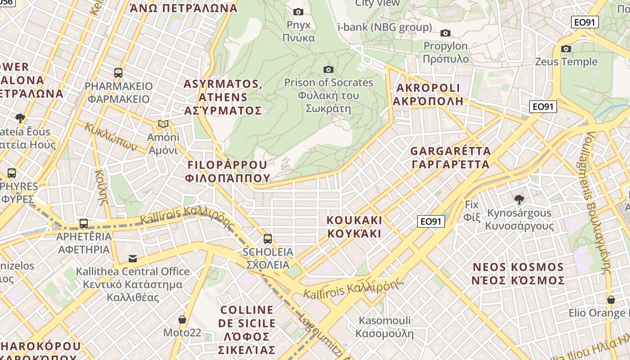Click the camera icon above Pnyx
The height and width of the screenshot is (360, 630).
pos(298,12)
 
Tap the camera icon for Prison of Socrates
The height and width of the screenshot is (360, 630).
pos(328,69)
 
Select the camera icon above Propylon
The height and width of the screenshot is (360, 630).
pos(445,33)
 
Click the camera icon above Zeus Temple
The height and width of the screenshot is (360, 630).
pos(566,49)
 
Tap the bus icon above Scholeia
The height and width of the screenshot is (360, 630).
pos(268,238)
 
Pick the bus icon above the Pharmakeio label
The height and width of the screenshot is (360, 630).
pos(118,72)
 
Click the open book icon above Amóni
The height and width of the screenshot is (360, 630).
pos(163,124)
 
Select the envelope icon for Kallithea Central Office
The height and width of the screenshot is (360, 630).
pos(133,258)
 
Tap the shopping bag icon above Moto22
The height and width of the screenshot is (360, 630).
pos(182,319)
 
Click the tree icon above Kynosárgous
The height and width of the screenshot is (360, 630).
pos(519,199)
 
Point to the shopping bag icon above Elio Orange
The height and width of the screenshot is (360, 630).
pos(611,299)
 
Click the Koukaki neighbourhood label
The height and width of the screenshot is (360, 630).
pos(354,227)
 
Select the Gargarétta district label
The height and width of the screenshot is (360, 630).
pos(450,157)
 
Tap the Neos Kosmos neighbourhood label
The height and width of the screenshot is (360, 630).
pos(518,274)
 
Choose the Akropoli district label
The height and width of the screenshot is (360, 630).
pos(427,94)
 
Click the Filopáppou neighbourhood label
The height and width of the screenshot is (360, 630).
pos(227,171)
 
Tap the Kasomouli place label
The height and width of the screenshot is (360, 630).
pos(384,327)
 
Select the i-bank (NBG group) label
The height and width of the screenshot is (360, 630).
pos(384,27)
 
